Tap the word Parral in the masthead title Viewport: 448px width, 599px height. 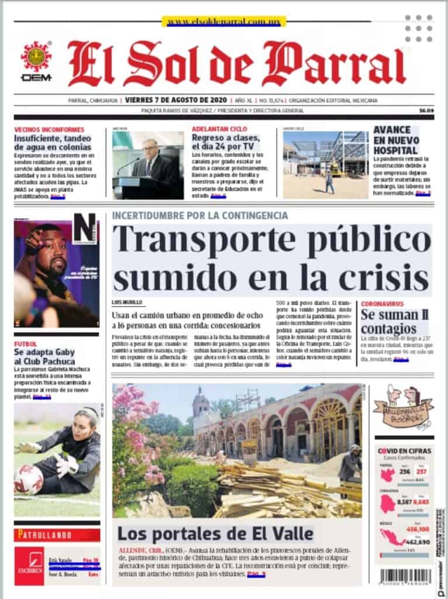click(346, 64)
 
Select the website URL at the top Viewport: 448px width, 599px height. click(224, 22)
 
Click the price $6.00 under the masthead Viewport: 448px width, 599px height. click(426, 111)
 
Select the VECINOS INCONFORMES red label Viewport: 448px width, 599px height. click(49, 129)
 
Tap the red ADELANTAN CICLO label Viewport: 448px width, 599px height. click(220, 129)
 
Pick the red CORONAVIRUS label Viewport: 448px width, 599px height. click(382, 304)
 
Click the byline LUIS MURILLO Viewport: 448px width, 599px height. click(127, 302)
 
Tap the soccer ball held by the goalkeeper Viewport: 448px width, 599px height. click(28, 479)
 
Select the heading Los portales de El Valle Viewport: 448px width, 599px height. click(215, 533)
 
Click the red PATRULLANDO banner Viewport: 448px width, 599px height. click(57, 535)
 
